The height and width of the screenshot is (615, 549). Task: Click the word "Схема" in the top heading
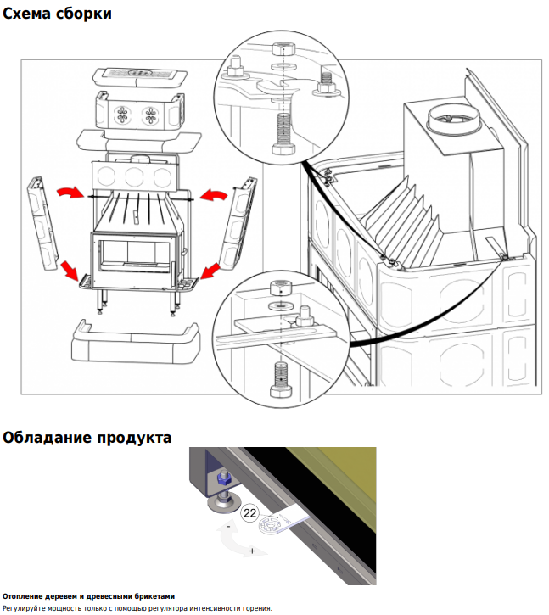click(27, 14)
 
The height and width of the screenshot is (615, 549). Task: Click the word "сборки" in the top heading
click(84, 14)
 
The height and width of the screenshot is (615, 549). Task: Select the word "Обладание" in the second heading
click(47, 438)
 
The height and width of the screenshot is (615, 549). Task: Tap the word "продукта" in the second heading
click(135, 438)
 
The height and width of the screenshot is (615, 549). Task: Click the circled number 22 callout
click(249, 512)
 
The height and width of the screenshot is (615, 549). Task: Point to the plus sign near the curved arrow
click(252, 551)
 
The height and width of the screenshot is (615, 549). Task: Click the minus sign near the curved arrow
click(229, 527)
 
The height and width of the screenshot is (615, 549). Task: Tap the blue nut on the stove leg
click(222, 478)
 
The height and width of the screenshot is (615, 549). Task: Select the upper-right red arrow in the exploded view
click(214, 194)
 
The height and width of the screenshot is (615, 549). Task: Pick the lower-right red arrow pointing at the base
click(210, 271)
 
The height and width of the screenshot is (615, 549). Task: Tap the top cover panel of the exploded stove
click(140, 77)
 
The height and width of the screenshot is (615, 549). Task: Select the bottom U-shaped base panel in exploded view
click(136, 343)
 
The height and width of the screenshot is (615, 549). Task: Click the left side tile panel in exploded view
click(42, 224)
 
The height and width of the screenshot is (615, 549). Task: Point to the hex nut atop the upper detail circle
click(283, 49)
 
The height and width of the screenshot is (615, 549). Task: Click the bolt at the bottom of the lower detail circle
click(281, 380)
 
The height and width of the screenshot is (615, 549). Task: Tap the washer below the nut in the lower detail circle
click(280, 305)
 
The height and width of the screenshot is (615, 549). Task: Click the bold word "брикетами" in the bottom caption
click(155, 596)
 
